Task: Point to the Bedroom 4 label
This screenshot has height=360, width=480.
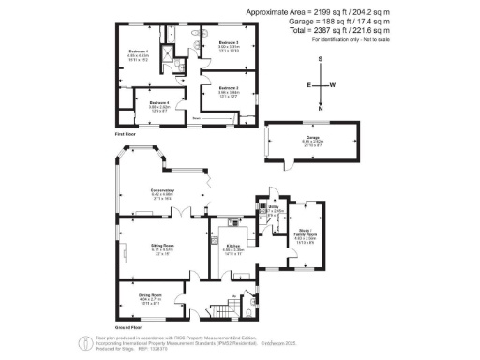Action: point(158,102)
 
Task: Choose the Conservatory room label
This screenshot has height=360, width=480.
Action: point(150,191)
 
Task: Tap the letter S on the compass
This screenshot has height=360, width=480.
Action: point(321,59)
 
